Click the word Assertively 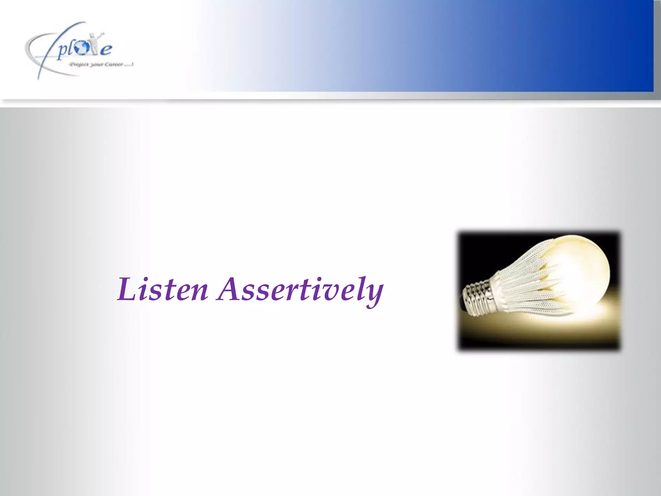300,290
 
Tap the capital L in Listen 126,290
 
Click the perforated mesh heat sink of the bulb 529,284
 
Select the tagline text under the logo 101,65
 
